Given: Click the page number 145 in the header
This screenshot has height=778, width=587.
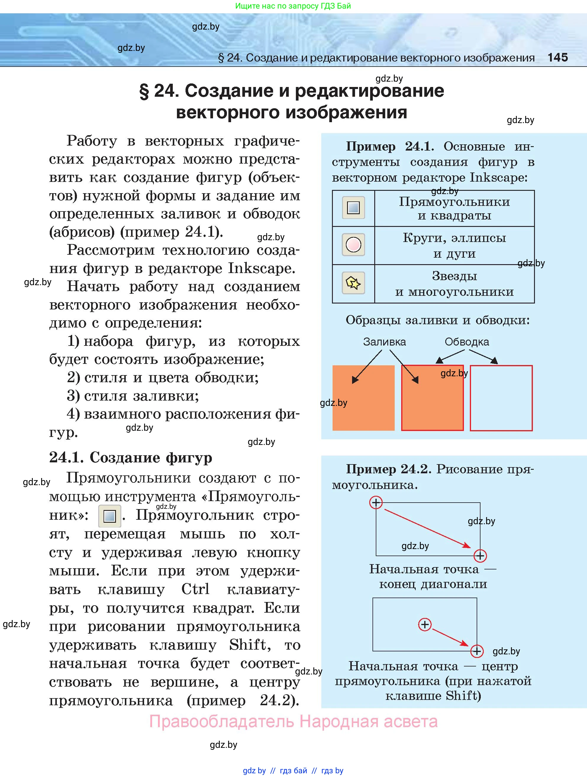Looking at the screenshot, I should point(557,57).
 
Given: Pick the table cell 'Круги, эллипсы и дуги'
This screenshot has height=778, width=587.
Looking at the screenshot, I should point(454,246).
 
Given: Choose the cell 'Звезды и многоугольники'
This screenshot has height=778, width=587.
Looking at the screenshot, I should point(454,284).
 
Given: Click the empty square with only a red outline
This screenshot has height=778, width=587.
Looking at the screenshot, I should point(501,398).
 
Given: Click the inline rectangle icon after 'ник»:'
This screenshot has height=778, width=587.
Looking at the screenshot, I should point(109,516).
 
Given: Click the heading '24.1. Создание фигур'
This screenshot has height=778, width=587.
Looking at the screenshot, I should point(130,458).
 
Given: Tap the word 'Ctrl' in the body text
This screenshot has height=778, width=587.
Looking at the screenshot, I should point(195,589).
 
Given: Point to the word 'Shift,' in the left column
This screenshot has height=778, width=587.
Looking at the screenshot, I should point(250,645).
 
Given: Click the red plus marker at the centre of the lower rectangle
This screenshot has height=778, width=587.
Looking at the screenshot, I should point(425,625).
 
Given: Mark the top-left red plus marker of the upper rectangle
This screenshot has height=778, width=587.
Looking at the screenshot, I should point(376,503).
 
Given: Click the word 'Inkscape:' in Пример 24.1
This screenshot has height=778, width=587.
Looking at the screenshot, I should point(499,177).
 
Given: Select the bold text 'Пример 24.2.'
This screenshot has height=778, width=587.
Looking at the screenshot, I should point(388,469).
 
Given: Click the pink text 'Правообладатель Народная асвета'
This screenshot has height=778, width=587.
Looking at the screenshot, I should point(293,722).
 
